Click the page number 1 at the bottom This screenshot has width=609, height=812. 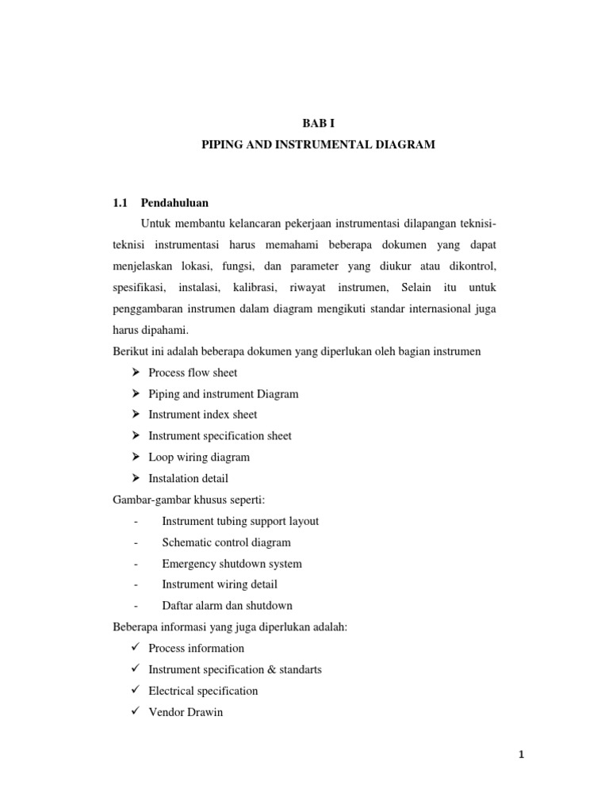click(x=521, y=755)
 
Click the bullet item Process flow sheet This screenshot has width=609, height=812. click(x=193, y=372)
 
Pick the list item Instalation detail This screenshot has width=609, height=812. click(x=188, y=478)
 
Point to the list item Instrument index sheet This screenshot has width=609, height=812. click(x=202, y=414)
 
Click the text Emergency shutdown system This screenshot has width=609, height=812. click(x=232, y=564)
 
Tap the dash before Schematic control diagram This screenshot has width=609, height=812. click(x=136, y=542)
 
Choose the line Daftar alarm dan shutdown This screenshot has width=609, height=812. click(x=227, y=606)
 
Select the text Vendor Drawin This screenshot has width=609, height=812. click(x=186, y=712)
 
